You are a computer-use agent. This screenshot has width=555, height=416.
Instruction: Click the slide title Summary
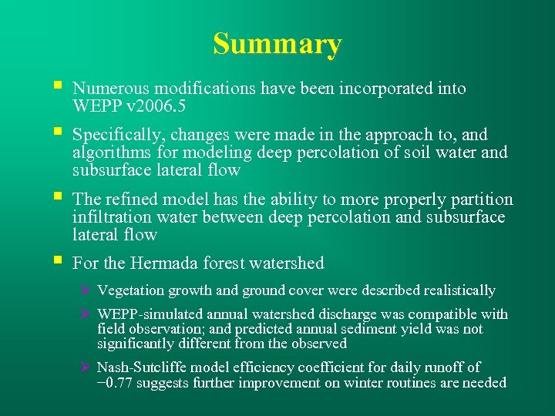277,45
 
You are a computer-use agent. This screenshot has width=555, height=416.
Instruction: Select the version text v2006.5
154,106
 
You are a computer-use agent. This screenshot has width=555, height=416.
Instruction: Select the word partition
483,200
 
